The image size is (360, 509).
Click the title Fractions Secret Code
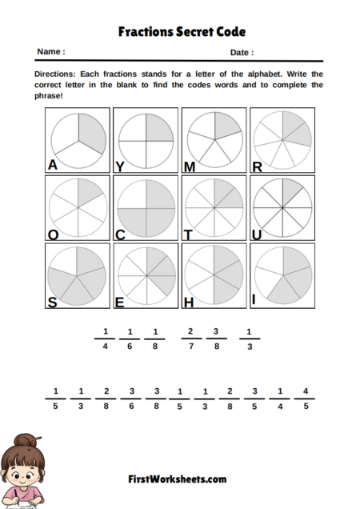182,32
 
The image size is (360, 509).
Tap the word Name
50,52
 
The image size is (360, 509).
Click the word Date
242,52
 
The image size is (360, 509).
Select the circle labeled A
77,139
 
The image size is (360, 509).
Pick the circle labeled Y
146,139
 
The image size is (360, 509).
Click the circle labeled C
146,206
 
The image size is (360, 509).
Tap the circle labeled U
282,206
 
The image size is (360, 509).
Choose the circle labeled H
214,275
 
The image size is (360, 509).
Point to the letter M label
190,166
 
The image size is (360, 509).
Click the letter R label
258,166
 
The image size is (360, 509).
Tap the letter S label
52,302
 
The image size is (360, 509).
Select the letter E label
120,302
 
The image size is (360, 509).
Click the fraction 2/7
190,339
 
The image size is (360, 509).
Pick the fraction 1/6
130,339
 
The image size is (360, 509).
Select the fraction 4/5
305,399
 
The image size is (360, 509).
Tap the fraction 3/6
130,399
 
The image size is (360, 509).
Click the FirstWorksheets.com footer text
177,479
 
